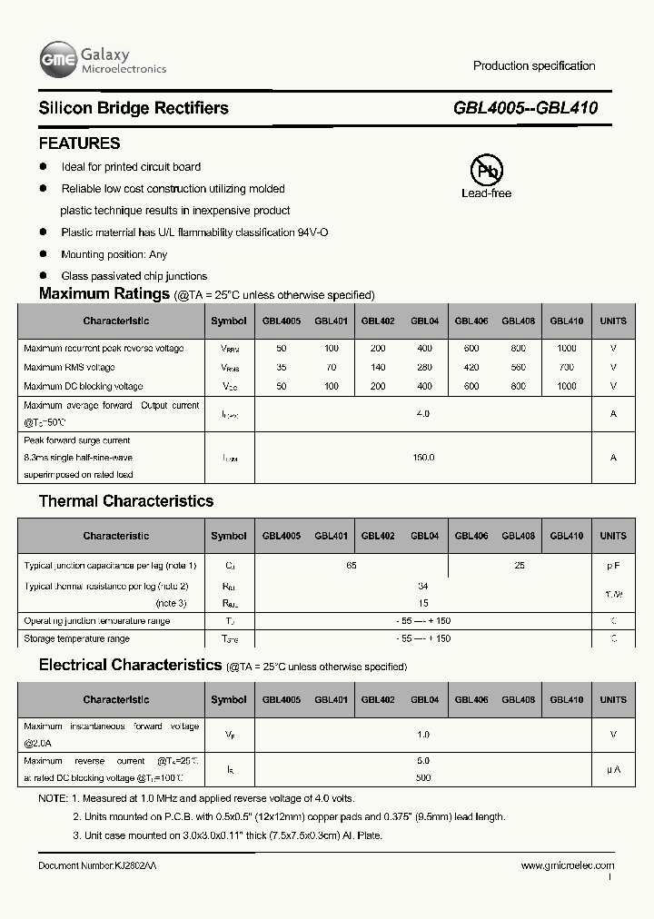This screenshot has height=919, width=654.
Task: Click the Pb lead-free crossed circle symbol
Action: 486,170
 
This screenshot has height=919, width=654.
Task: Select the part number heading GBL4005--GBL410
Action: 525,108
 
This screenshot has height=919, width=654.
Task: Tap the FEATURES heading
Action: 79,143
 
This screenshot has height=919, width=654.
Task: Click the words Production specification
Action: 534,65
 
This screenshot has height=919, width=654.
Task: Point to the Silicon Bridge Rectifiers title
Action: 134,108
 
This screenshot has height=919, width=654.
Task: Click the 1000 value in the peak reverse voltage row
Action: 567,349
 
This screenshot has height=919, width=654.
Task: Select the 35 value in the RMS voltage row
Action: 281,368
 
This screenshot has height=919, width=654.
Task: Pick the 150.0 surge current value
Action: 423,458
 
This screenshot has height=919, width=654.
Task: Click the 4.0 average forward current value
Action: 423,414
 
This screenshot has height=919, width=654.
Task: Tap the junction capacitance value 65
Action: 352,566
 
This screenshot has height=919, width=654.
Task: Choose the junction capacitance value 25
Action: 520,566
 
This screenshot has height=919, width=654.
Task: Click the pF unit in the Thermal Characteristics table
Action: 613,566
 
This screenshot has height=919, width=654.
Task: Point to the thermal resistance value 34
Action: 423,587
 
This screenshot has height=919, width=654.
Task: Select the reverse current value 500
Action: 423,778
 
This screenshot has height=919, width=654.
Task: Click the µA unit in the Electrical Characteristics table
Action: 613,770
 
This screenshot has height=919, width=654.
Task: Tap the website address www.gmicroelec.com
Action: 567,866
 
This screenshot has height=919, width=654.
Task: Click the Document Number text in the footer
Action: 97,866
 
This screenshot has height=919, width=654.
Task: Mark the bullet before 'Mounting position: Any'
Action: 43,254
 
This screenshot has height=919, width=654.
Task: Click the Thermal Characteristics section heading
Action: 126,501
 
